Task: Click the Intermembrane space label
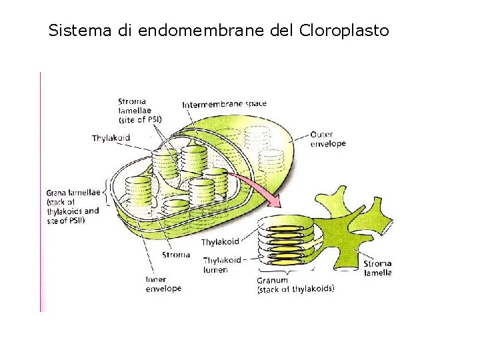pyautogui.click(x=224, y=104)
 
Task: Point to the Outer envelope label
pyautogui.click(x=328, y=139)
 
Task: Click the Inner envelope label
pyautogui.click(x=163, y=284)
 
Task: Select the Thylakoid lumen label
pyautogui.click(x=221, y=265)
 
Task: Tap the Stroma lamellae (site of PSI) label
pyautogui.click(x=139, y=111)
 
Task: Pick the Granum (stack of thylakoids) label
pyautogui.click(x=295, y=285)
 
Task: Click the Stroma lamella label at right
pyautogui.click(x=377, y=268)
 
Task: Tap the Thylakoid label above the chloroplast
pyautogui.click(x=111, y=138)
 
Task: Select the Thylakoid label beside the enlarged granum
pyautogui.click(x=220, y=242)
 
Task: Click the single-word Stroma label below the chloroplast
pyautogui.click(x=176, y=255)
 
